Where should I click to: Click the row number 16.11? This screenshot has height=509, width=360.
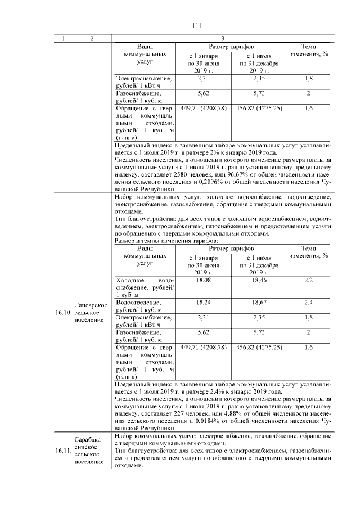pyautogui.click(x=63, y=451)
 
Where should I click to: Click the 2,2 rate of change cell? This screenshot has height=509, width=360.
pyautogui.click(x=308, y=280)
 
